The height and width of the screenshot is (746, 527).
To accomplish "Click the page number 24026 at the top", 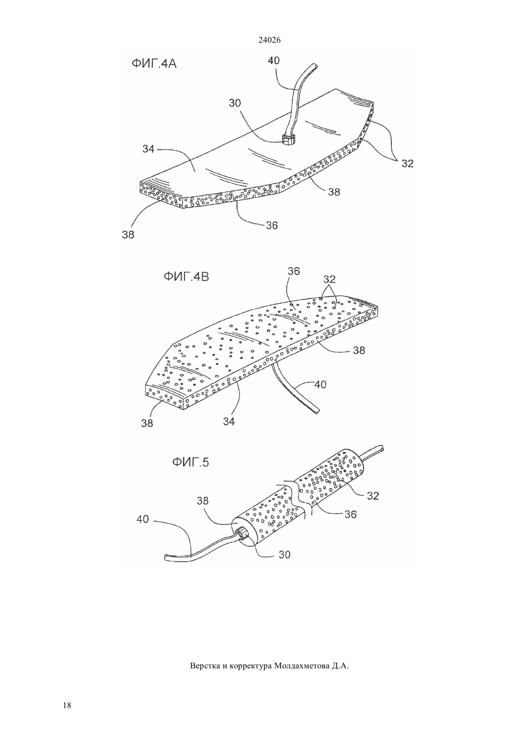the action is pos(269,40).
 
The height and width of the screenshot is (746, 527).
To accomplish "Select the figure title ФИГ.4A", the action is pos(154,63).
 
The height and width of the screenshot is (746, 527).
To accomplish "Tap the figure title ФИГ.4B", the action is pos(186,277).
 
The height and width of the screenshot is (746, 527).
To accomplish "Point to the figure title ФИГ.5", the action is pos(190,462).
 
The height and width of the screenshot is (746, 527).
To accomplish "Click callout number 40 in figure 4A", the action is pos(274,60).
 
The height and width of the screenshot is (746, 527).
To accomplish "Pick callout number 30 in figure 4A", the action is pos(235,103).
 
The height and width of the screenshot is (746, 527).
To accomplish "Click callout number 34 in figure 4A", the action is pos(149,149).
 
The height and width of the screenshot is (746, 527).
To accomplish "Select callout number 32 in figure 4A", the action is pos(407,163).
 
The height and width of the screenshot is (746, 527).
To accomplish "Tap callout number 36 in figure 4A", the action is pos(272,225).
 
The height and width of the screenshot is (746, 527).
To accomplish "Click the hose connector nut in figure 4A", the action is pos(287,139).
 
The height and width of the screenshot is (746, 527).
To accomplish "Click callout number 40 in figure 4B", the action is pos(320,385).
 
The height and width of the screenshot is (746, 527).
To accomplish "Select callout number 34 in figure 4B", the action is pos(229,421).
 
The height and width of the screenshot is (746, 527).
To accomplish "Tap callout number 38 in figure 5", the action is pos(202,501).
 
